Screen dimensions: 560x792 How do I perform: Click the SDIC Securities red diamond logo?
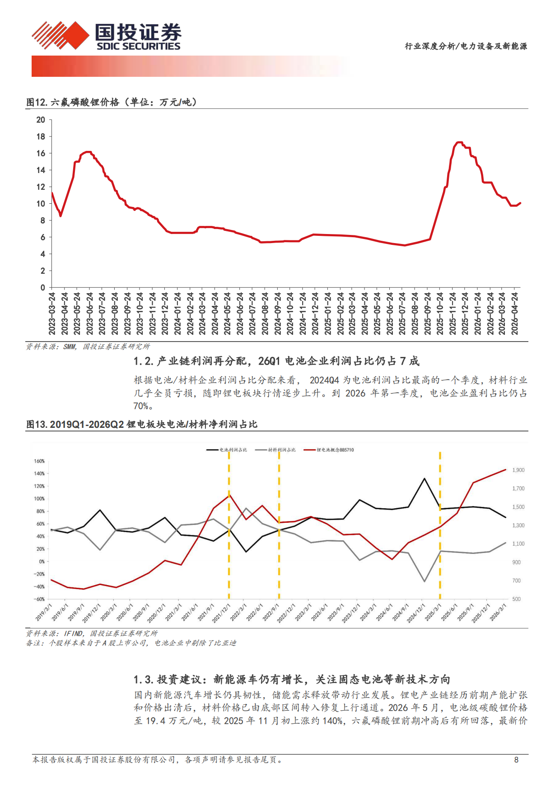pyautogui.click(x=61, y=35)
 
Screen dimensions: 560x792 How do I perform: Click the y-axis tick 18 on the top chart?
pyautogui.click(x=41, y=136)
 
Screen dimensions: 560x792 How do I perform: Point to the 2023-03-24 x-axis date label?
pyautogui.click(x=52, y=314)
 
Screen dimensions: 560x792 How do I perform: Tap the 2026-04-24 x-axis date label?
pyautogui.click(x=514, y=314)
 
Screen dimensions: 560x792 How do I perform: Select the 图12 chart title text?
pyautogui.click(x=112, y=102)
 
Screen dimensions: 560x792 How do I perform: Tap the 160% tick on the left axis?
pyautogui.click(x=39, y=461)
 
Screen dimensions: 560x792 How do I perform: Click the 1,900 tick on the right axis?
pyautogui.click(x=518, y=470)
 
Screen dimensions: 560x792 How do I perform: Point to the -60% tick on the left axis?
pyautogui.click(x=39, y=599)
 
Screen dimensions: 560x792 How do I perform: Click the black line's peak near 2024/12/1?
pyautogui.click(x=424, y=478)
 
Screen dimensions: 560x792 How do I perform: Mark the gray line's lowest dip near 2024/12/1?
pyautogui.click(x=424, y=581)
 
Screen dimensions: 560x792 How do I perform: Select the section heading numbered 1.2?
pyautogui.click(x=276, y=361)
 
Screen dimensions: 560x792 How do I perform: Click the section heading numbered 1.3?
pyautogui.click(x=292, y=680)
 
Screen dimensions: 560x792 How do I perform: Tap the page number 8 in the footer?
pyautogui.click(x=516, y=760)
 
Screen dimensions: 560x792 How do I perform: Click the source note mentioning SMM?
pyautogui.click(x=88, y=347)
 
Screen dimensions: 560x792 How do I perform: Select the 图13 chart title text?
pyautogui.click(x=142, y=424)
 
